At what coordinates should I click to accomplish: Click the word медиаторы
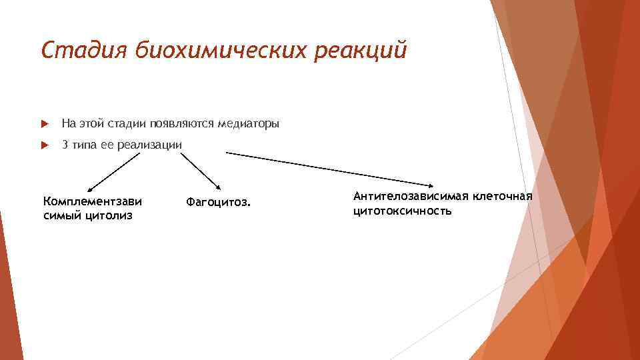(247, 124)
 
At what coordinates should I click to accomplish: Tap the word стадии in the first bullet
(127, 124)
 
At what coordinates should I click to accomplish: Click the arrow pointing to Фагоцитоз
(203, 171)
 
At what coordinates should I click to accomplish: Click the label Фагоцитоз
(219, 201)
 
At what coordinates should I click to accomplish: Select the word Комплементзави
(93, 201)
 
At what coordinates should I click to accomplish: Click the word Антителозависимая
(411, 197)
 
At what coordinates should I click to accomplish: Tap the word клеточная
(502, 197)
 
